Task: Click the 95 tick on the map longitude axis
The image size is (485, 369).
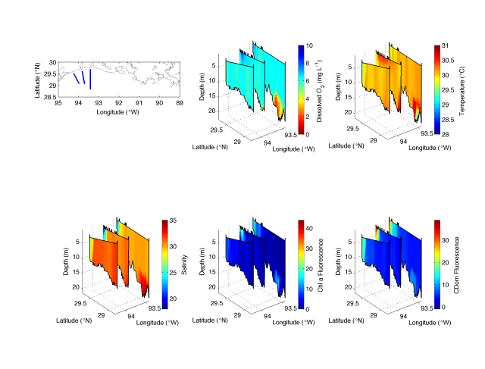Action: pyautogui.click(x=58, y=102)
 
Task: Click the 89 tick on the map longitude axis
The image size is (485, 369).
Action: pyautogui.click(x=179, y=102)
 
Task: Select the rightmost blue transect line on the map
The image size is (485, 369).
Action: pyautogui.click(x=90, y=79)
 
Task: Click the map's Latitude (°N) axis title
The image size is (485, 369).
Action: pyautogui.click(x=38, y=79)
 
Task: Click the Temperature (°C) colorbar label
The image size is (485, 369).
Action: pyautogui.click(x=462, y=89)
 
